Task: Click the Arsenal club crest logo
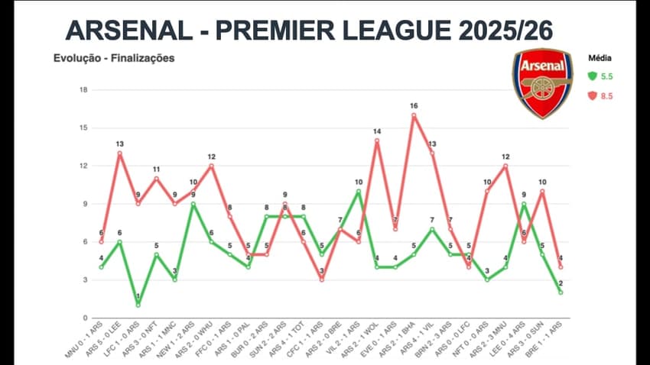[541, 83]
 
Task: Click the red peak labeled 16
[414, 115]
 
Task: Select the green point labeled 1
[138, 305]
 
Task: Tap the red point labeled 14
[377, 141]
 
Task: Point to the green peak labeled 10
[359, 191]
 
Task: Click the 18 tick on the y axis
[84, 90]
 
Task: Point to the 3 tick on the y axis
[84, 279]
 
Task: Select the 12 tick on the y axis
[84, 166]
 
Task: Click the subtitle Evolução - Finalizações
[113, 58]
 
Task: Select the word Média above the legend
[600, 58]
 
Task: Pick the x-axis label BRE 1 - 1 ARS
[544, 337]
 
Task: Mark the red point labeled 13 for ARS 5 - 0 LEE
[119, 153]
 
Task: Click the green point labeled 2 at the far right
[561, 292]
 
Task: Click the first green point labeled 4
[101, 266]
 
